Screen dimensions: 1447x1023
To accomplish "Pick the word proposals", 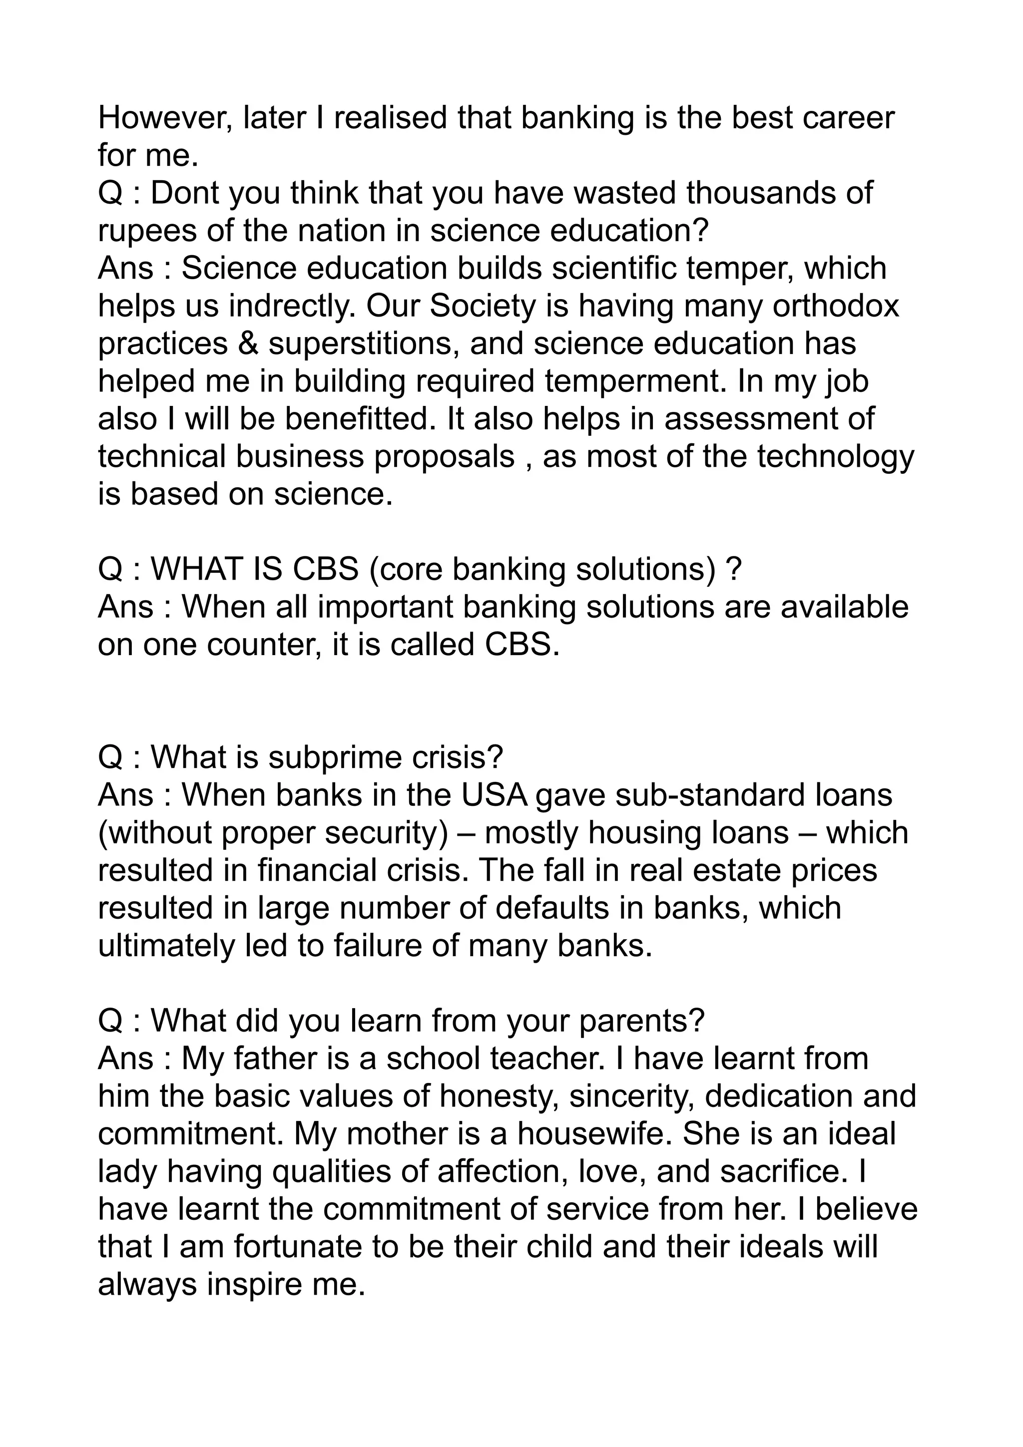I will click(x=445, y=457).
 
